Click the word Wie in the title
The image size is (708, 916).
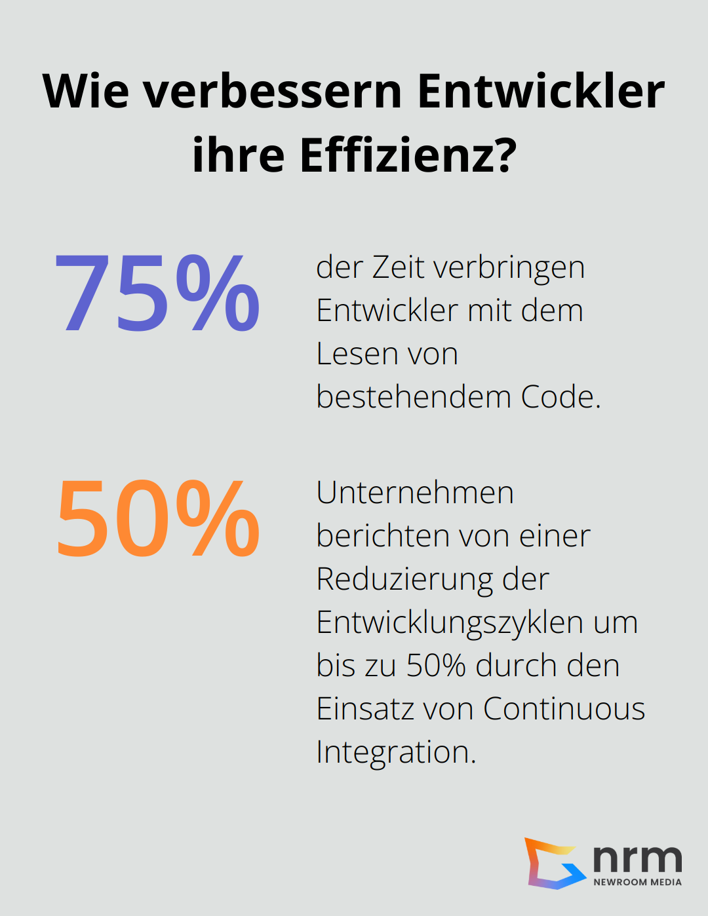[x=85, y=91]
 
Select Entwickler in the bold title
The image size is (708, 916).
[x=541, y=91]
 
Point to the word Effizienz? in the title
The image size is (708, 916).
[x=408, y=155]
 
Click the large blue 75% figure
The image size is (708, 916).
[x=157, y=293]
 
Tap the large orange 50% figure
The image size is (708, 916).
[x=158, y=518]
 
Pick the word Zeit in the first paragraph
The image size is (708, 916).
[x=399, y=267]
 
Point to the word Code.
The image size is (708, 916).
[x=560, y=397]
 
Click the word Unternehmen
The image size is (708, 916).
[x=414, y=493]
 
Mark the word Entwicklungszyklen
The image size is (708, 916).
[x=450, y=622]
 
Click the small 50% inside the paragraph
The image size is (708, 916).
[x=436, y=666]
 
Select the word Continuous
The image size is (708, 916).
[x=564, y=709]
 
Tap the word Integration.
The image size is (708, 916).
[x=395, y=752]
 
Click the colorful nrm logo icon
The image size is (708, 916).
[x=554, y=863]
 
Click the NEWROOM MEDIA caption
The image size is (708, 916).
[x=637, y=883]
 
